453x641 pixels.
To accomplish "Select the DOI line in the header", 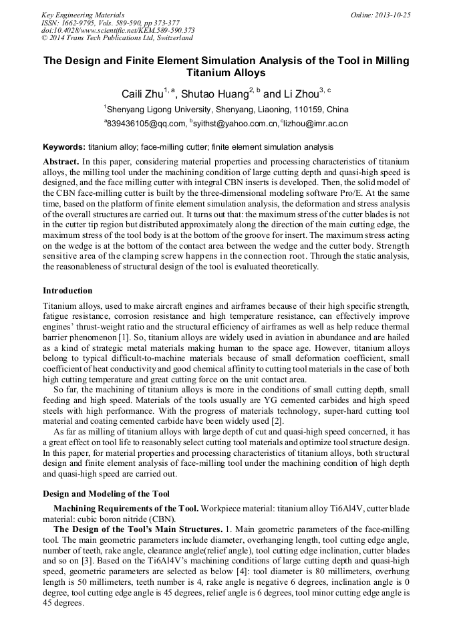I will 118,30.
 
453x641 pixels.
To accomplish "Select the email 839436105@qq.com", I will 146,124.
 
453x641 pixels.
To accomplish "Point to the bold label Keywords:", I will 64,146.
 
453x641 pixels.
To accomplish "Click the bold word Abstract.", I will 61,162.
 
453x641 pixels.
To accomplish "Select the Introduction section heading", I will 67,291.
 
